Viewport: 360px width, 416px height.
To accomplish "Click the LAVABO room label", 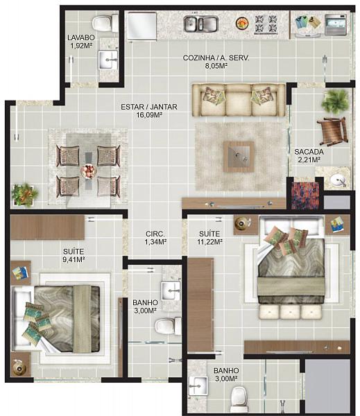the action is coord(81,37).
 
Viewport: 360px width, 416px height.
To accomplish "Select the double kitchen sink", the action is coord(201,24).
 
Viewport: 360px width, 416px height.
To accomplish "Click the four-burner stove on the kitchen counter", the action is coord(266,24).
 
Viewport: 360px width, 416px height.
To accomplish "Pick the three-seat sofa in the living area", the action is coord(239,100).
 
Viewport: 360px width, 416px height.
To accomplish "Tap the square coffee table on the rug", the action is coord(239,157).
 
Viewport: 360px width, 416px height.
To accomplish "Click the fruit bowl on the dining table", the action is coord(89,171).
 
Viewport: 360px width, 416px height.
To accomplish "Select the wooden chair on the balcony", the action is coord(332,131).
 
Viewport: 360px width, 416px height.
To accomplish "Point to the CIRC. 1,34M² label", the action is coord(155,238).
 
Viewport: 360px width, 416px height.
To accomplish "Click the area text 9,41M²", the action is coord(74,259).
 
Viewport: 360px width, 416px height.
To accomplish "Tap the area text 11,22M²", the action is coord(209,242).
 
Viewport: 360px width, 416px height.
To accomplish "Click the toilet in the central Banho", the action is coord(168,326).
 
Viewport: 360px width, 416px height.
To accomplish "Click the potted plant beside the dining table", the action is coord(24,195).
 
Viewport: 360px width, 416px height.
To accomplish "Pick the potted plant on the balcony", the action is coord(335,101).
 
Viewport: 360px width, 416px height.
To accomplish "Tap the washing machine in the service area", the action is coord(336,25).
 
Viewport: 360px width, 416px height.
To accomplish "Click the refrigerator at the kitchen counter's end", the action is coord(142,26).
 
